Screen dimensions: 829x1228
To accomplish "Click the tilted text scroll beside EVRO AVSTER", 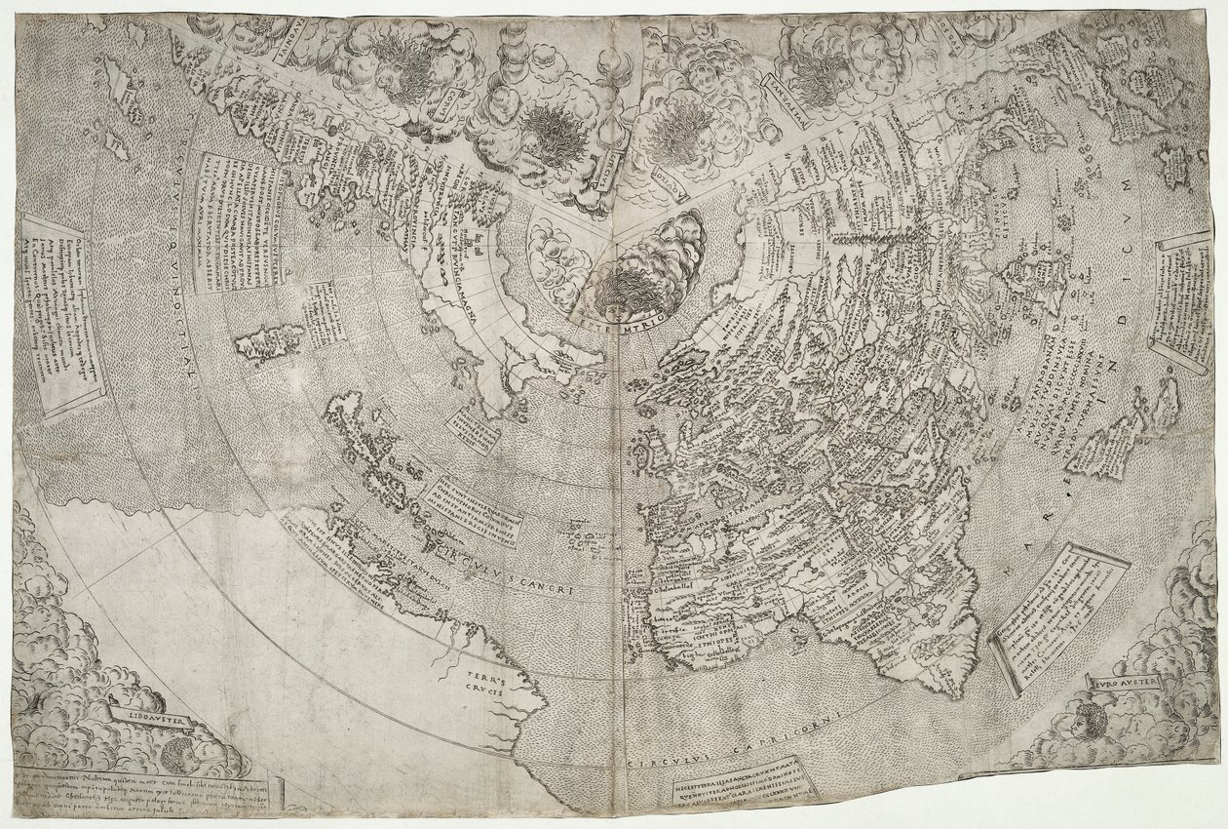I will pos(1058,616).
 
